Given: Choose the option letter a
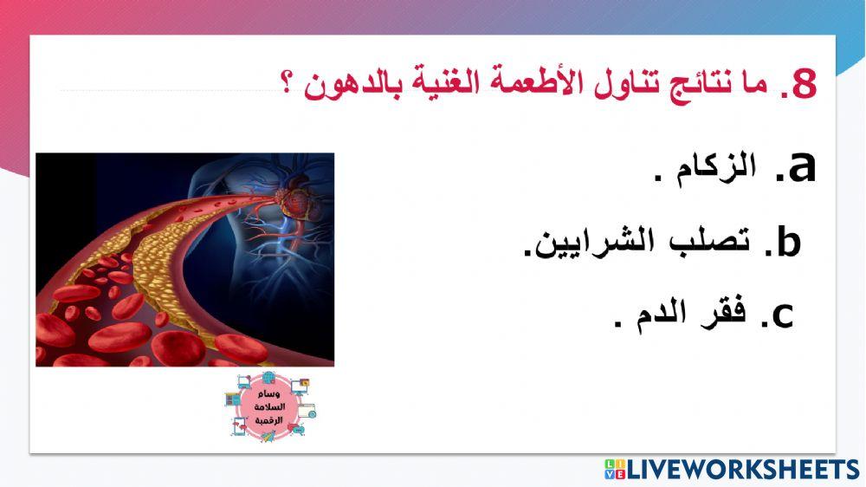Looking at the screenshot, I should point(798,166).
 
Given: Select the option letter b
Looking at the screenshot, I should point(786,243).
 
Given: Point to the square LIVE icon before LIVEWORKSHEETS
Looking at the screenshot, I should point(614,470).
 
